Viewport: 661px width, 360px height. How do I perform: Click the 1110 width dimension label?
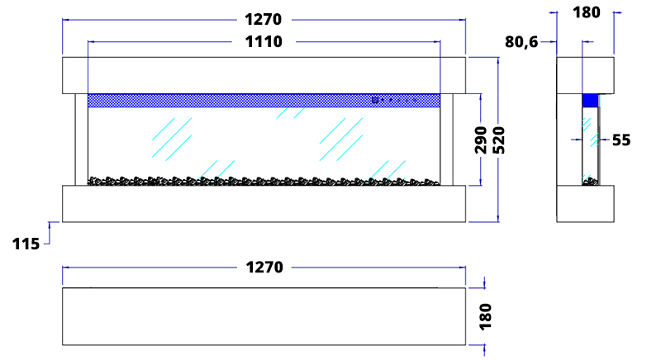(264, 42)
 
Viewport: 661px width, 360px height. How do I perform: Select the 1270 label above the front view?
(264, 19)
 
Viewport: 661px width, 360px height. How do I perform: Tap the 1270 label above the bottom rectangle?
(264, 268)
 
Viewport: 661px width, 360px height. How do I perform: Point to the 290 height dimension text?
(481, 140)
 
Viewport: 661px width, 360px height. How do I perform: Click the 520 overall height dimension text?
(498, 140)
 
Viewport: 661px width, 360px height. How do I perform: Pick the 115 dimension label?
(26, 244)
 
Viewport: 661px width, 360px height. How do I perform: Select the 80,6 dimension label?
(521, 42)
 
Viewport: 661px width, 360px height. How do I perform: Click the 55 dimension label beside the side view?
(621, 140)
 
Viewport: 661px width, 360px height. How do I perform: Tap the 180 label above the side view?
(586, 12)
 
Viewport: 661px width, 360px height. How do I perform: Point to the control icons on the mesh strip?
(392, 101)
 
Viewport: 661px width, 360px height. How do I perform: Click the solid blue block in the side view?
(590, 101)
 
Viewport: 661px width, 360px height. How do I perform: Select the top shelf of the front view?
(264, 74)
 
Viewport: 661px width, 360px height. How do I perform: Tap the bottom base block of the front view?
(264, 203)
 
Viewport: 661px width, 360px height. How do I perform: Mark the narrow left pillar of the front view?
(81, 139)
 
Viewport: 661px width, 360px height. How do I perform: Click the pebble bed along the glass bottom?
(264, 180)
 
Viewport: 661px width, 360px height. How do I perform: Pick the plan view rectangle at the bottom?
(264, 316)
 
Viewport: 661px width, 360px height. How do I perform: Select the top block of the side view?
(586, 74)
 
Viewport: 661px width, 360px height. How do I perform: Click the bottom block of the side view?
(586, 203)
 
